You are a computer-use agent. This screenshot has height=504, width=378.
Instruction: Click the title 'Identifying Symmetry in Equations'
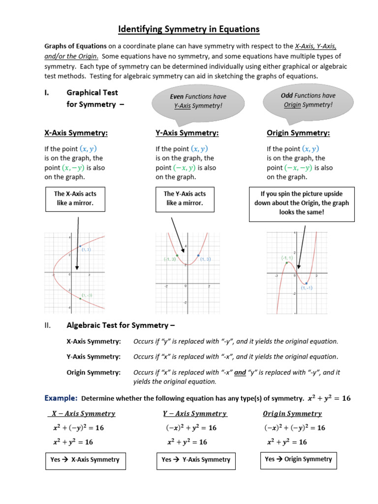189,30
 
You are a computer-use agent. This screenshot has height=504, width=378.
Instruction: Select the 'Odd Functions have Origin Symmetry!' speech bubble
308,100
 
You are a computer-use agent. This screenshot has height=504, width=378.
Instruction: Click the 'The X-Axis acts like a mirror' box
75,198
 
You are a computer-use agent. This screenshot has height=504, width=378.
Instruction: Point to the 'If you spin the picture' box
302,203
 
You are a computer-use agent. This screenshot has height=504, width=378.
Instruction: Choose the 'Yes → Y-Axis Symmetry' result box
196,460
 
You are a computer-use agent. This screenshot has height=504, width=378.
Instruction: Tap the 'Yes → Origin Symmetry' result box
299,459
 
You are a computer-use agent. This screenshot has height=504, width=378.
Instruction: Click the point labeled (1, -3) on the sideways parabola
80,298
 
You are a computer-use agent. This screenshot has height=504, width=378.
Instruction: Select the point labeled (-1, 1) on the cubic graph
286,263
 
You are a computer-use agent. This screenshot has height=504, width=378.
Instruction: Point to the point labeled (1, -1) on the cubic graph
306,283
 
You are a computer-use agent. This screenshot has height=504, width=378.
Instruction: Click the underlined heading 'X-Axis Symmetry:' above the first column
76,133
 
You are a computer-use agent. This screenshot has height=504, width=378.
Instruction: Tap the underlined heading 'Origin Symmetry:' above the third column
298,133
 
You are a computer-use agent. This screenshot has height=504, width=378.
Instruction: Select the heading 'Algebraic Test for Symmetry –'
121,325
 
